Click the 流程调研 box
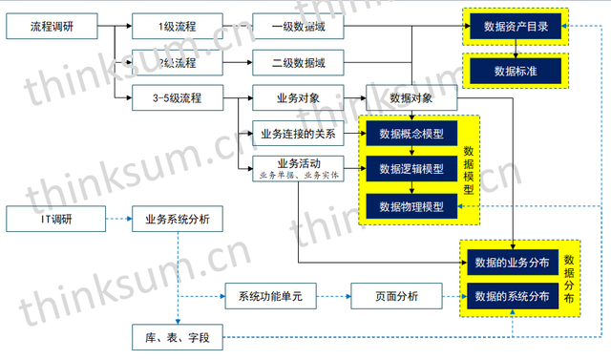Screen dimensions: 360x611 [x=52, y=27]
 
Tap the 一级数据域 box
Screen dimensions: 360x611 [x=299, y=27]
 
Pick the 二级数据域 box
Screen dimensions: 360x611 [x=299, y=63]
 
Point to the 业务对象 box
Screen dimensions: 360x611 [x=299, y=97]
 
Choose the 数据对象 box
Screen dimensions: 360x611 [x=411, y=97]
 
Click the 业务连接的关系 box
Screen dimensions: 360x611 [x=299, y=133]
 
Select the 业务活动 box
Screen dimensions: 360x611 [x=299, y=168]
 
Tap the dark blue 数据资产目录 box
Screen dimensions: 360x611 [x=516, y=27]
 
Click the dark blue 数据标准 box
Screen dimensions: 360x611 [x=516, y=71]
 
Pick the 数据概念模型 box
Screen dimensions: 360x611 [x=411, y=133]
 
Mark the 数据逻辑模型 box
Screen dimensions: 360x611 [x=411, y=169]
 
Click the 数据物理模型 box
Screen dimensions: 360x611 [x=411, y=205]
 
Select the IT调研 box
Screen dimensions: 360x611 [x=52, y=220]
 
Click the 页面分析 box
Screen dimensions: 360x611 [x=395, y=296]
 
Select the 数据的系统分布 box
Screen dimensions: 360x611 [x=512, y=296]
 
